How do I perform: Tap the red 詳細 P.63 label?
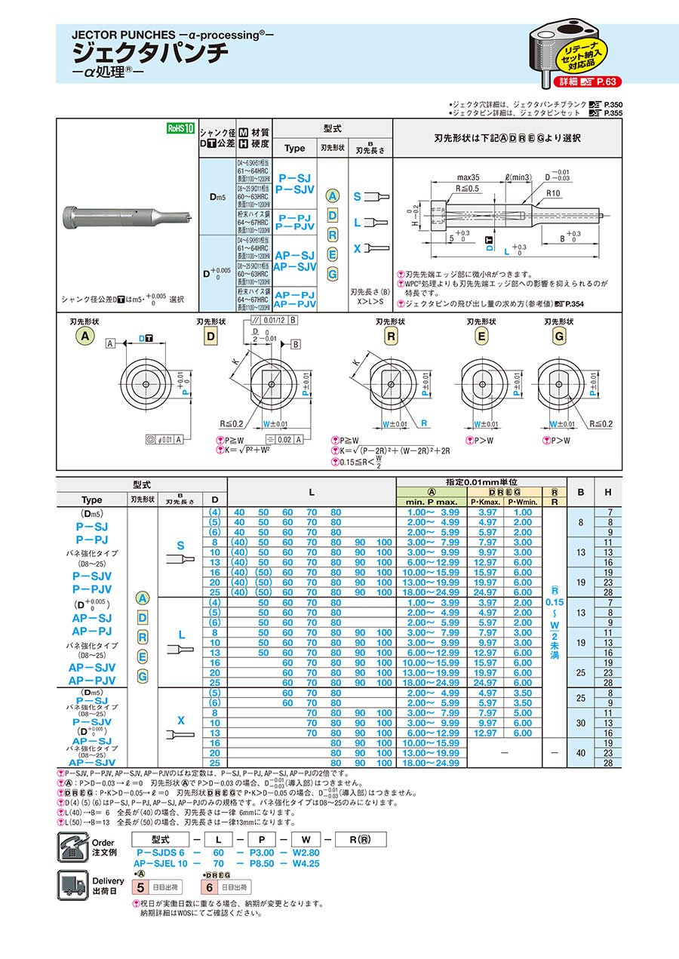point(586,81)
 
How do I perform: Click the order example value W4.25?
point(305,861)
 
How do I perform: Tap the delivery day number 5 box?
point(139,888)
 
